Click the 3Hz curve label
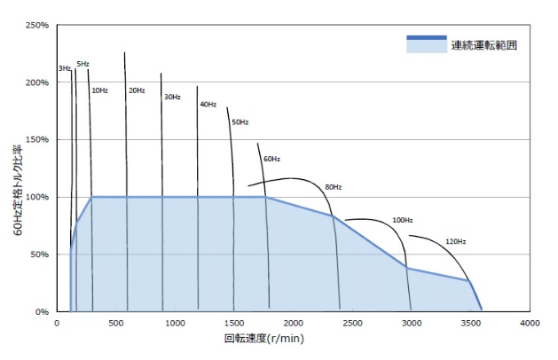(64, 68)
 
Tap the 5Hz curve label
(83, 64)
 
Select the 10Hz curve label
(99, 90)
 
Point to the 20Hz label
(137, 90)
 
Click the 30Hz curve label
(171, 97)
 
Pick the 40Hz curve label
(208, 105)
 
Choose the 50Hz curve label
(240, 121)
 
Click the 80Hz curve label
(333, 187)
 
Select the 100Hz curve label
(403, 219)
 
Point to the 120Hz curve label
(455, 241)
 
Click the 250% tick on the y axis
(37, 26)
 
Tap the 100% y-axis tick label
(37, 197)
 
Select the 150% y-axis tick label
(37, 140)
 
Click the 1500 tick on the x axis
(234, 323)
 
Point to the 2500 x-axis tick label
(353, 323)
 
